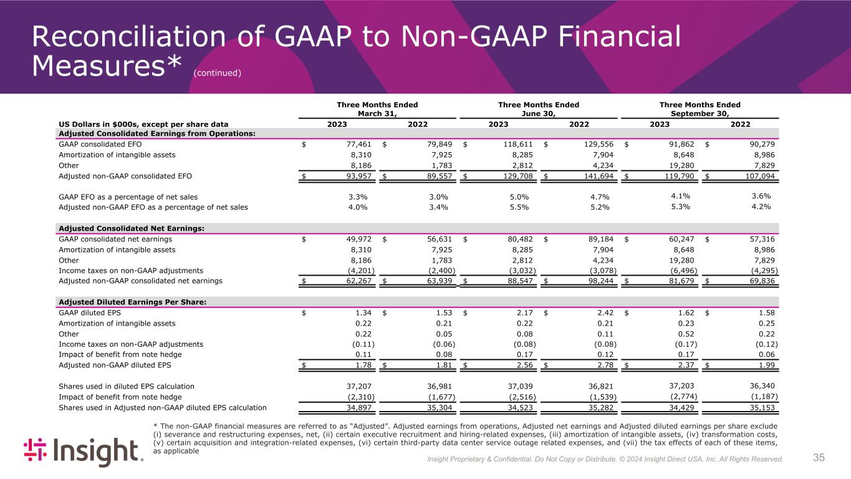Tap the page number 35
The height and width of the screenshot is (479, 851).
819,458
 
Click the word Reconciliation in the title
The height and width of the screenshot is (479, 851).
138,38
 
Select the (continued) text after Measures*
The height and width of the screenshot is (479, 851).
217,73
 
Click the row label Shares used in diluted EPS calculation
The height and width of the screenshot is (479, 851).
126,386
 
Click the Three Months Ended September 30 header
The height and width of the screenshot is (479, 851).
700,109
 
